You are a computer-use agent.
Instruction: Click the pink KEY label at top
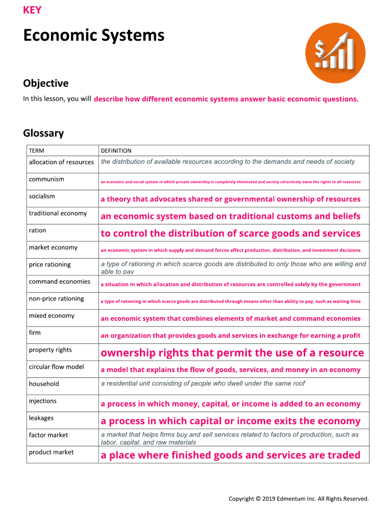click(32, 10)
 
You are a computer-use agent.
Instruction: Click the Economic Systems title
click(93, 36)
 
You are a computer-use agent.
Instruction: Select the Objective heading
click(45, 83)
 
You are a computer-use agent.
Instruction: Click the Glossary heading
click(43, 134)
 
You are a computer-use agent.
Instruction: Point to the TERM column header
click(36, 150)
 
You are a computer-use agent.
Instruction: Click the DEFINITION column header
click(116, 150)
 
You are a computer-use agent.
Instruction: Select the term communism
click(46, 179)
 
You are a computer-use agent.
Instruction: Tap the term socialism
click(42, 196)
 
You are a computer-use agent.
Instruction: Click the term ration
click(37, 230)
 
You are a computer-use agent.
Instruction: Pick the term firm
click(35, 333)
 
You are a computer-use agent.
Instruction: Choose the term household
click(44, 384)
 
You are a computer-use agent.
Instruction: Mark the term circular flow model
click(57, 367)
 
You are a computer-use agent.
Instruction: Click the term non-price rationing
click(57, 298)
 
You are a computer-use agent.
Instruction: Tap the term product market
click(51, 452)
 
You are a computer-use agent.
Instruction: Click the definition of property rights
click(232, 353)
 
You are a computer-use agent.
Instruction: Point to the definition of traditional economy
click(230, 216)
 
